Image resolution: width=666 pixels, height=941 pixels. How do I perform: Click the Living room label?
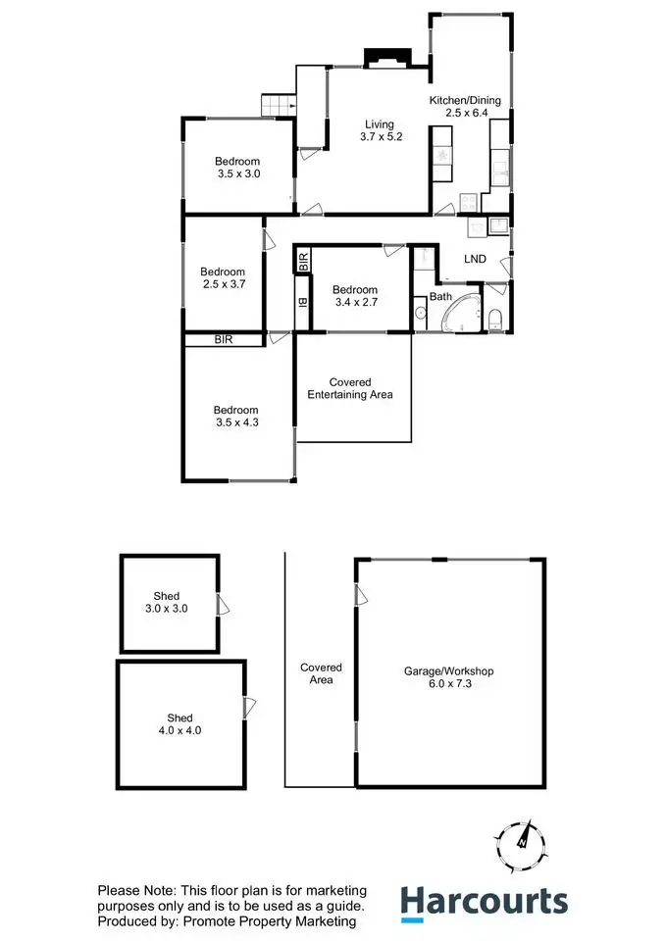[x=380, y=130]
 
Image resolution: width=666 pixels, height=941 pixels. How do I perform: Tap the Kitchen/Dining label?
[x=465, y=107]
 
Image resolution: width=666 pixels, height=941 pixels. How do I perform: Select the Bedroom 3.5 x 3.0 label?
[x=238, y=168]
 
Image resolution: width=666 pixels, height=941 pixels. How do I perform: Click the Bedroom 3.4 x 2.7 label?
[x=355, y=296]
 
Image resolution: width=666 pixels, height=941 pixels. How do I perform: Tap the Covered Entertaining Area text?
[x=350, y=388]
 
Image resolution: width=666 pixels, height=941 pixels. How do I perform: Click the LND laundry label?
[x=476, y=259]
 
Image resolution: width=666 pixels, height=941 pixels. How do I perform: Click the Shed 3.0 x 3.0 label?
[x=170, y=602]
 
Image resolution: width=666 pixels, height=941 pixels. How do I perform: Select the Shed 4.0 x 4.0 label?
[x=179, y=723]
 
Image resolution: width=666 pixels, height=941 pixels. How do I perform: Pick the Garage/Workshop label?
[x=448, y=678]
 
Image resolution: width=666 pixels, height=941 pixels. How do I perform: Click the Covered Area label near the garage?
[x=317, y=673]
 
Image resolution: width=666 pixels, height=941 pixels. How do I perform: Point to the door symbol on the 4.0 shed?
[x=249, y=704]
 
